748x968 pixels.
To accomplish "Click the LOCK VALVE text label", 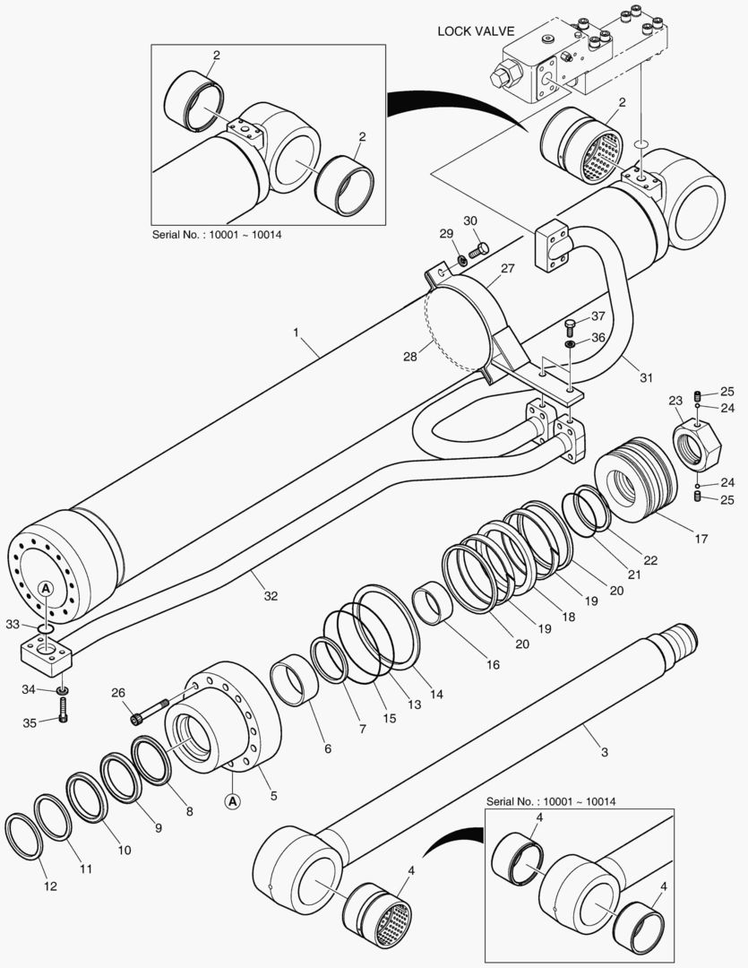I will (x=475, y=30).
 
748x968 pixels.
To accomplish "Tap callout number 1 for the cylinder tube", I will (x=295, y=332).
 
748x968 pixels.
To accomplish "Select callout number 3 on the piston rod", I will (x=605, y=751).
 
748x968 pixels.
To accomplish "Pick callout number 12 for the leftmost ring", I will (x=50, y=886).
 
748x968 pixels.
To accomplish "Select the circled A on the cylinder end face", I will (x=45, y=588).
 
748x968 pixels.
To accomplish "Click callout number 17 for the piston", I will (x=701, y=539).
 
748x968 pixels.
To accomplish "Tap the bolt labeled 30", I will (x=479, y=248).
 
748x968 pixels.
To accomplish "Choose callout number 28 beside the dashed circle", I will (x=410, y=357).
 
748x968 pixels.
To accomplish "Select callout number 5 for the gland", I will (x=273, y=794).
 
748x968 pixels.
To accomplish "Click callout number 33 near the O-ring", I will (x=12, y=623).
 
